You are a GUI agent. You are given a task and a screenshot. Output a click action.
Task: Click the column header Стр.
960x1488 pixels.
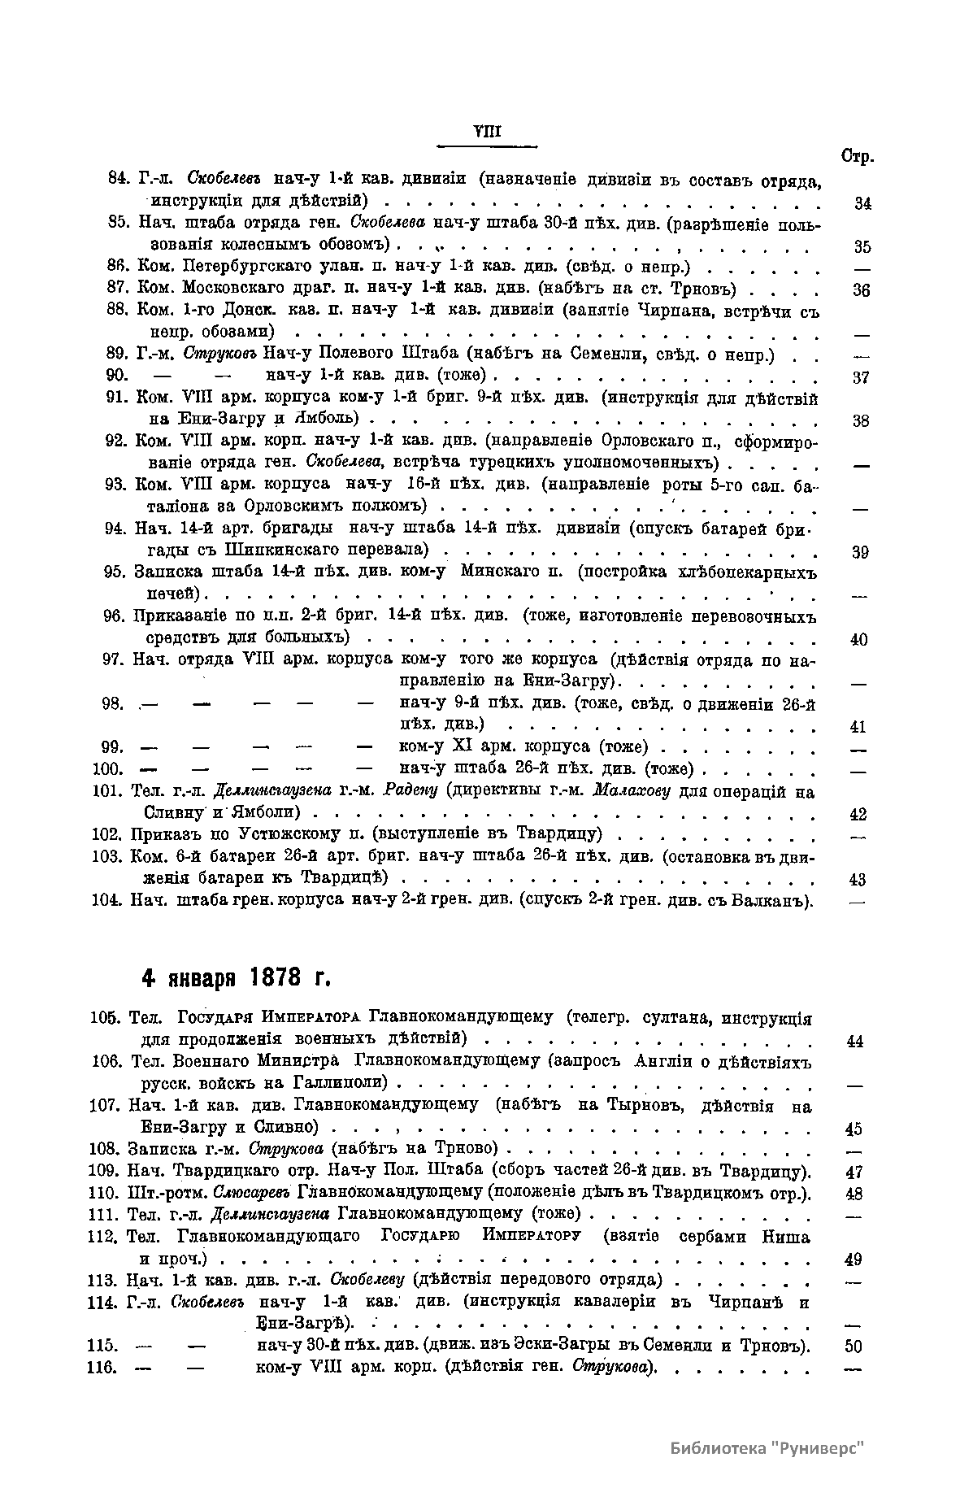click(x=857, y=156)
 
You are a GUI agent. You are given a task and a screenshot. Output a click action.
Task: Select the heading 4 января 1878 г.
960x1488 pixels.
click(x=237, y=977)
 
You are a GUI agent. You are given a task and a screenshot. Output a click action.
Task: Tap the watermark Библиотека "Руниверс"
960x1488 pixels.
click(x=767, y=1448)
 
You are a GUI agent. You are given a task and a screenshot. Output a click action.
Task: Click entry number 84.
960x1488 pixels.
click(x=120, y=179)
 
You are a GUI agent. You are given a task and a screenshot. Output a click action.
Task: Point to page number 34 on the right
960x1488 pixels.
click(x=862, y=203)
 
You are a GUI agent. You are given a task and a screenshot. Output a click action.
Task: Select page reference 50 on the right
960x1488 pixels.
click(x=853, y=1347)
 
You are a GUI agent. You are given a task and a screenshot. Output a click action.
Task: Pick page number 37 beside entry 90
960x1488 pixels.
click(x=861, y=378)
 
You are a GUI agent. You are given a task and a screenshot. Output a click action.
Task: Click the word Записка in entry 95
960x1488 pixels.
click(x=164, y=572)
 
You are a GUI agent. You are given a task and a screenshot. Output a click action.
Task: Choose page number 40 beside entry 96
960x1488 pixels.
click(x=859, y=640)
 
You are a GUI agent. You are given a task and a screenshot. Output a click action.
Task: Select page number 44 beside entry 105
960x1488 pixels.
click(x=854, y=1041)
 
